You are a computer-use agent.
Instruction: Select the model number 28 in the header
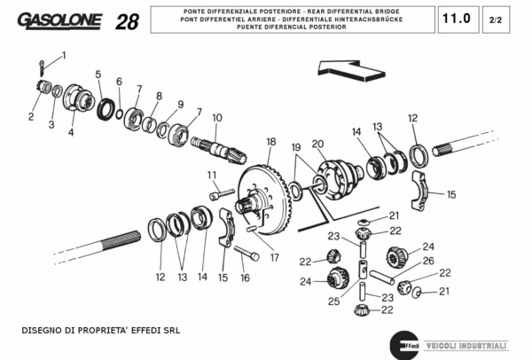127,22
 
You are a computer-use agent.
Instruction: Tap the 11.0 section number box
457,18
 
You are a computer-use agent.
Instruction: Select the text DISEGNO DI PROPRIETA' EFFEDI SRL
100,330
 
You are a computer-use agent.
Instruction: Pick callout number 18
271,141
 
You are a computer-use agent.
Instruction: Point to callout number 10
216,118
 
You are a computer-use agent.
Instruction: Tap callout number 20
317,144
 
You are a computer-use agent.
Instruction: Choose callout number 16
245,278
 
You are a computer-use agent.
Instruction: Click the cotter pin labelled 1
45,65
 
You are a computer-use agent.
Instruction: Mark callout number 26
428,261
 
